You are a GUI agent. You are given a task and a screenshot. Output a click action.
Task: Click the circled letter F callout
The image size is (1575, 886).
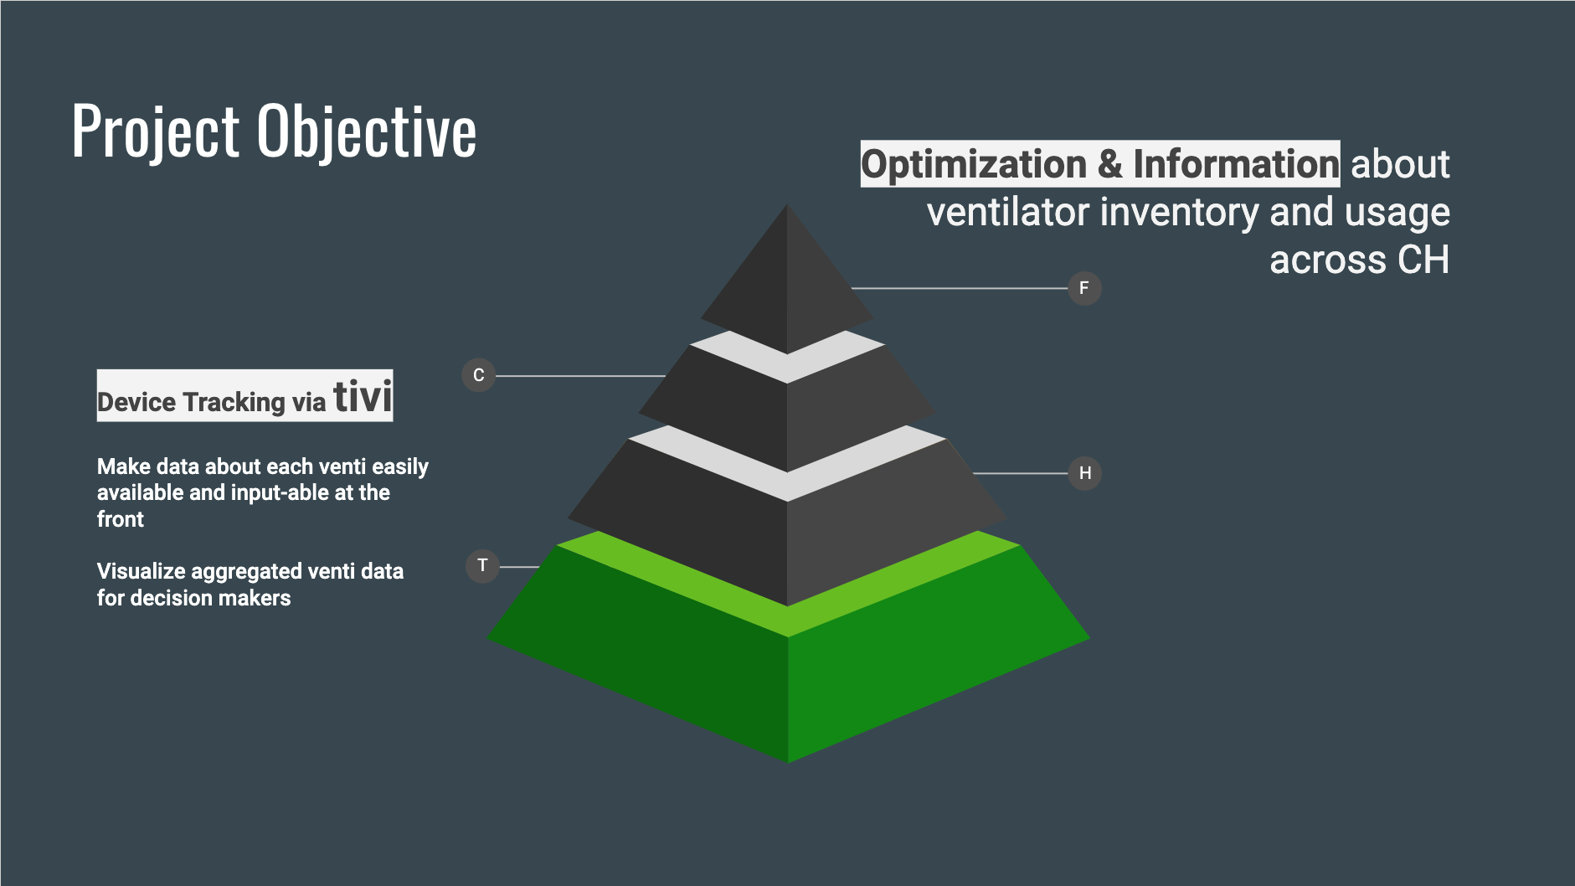click(x=1084, y=288)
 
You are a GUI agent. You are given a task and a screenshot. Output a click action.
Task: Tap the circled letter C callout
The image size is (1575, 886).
click(x=478, y=375)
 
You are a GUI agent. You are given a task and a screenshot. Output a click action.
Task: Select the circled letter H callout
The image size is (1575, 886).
click(x=1084, y=473)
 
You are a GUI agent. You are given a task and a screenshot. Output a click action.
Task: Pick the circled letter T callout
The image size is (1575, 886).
click(x=482, y=566)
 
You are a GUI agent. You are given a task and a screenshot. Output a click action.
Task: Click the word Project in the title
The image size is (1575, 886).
click(x=156, y=132)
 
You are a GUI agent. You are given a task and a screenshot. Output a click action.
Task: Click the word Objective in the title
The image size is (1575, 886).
click(x=367, y=132)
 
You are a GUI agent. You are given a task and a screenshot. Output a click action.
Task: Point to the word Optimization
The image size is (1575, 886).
click(x=974, y=165)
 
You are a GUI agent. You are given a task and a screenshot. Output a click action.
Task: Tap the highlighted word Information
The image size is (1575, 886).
click(x=1236, y=164)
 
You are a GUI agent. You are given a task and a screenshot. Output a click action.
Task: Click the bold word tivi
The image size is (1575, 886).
click(x=363, y=396)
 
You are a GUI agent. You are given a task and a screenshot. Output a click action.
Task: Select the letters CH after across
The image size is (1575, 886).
click(x=1424, y=260)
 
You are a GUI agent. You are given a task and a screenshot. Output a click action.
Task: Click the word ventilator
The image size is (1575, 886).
click(x=1008, y=212)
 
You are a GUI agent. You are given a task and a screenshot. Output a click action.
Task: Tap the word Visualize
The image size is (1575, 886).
click(x=139, y=571)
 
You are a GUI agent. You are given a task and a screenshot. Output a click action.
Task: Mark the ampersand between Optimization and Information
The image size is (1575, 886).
click(x=1109, y=165)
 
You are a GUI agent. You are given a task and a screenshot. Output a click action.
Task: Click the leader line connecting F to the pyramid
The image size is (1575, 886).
click(x=960, y=288)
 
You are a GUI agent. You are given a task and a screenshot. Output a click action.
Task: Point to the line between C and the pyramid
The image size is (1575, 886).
click(x=580, y=376)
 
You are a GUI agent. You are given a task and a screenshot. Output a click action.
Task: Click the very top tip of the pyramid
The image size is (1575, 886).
click(x=787, y=203)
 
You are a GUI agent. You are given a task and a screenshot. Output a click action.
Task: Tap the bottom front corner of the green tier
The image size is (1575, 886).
click(x=788, y=763)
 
